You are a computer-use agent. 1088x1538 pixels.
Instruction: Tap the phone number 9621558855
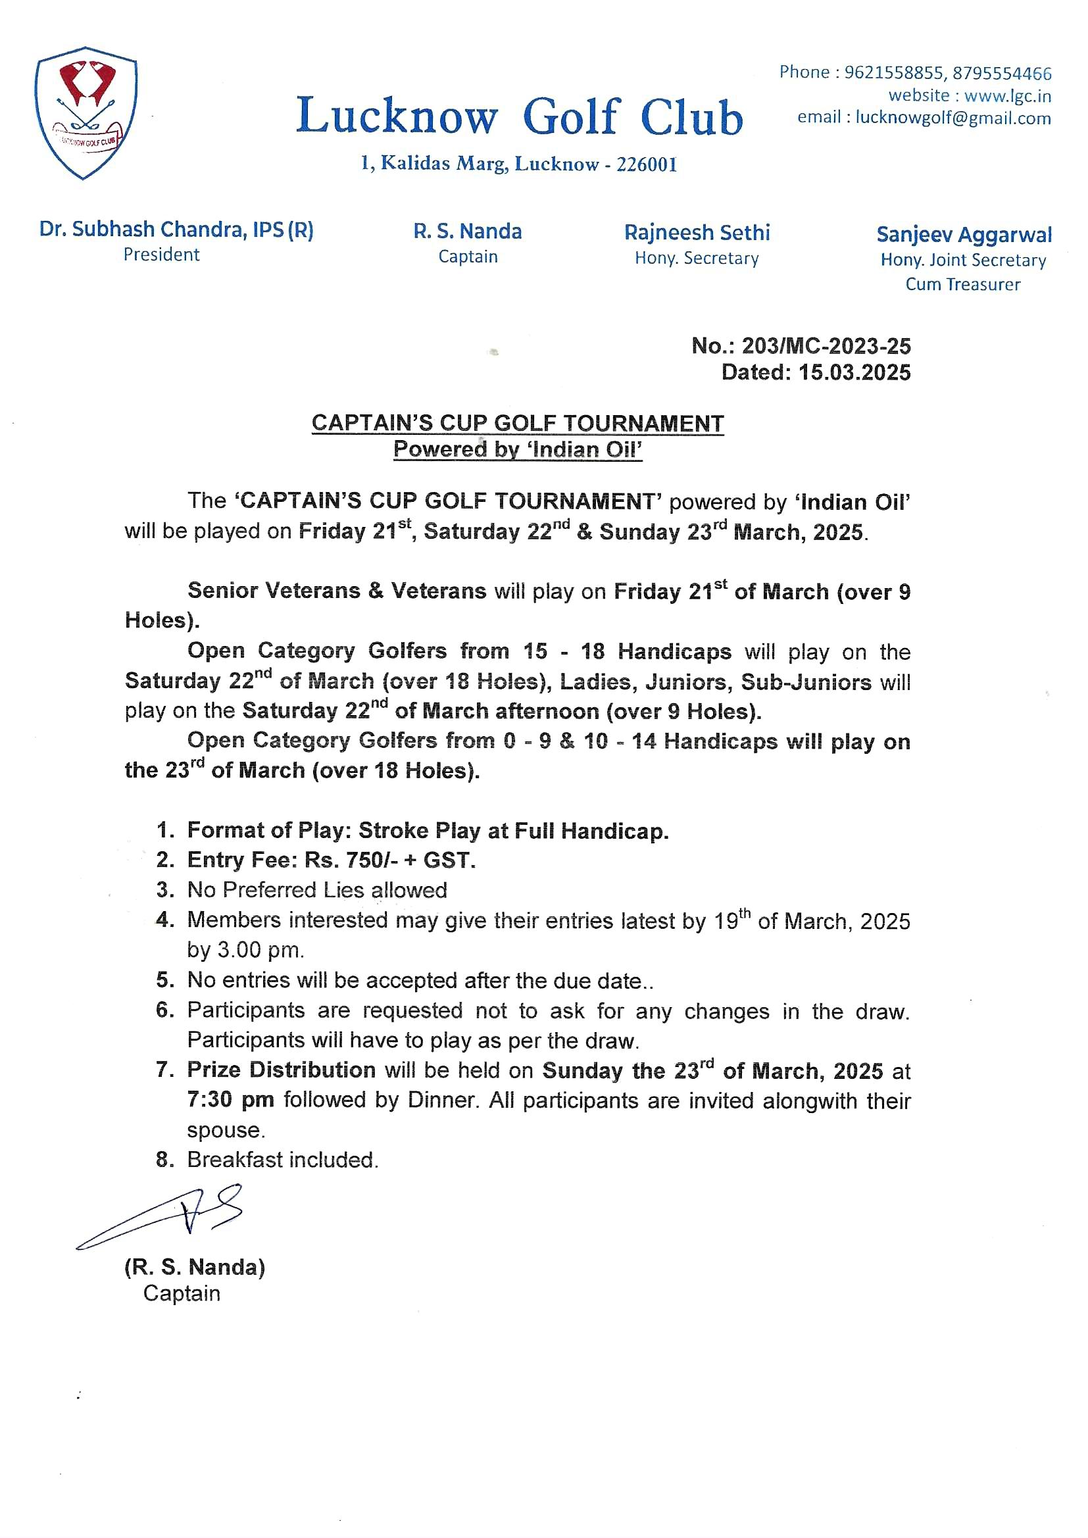[x=894, y=72]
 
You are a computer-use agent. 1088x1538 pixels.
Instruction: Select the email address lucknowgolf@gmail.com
[x=952, y=118]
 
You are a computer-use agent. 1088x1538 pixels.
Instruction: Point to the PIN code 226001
[x=647, y=164]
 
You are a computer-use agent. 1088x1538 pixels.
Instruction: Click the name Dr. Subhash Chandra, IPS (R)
[x=176, y=230]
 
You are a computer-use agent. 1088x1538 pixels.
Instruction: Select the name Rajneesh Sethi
[x=697, y=232]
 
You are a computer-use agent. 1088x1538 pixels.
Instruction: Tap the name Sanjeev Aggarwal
[x=964, y=234]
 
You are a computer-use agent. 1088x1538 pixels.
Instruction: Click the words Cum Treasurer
[x=963, y=284]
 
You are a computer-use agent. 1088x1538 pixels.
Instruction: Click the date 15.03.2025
[x=854, y=372]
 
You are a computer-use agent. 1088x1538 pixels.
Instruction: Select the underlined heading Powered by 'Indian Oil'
[x=517, y=449]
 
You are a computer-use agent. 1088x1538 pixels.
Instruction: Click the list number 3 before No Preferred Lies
[x=165, y=890]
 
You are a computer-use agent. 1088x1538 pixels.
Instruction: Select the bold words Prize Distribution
[x=281, y=1070]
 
